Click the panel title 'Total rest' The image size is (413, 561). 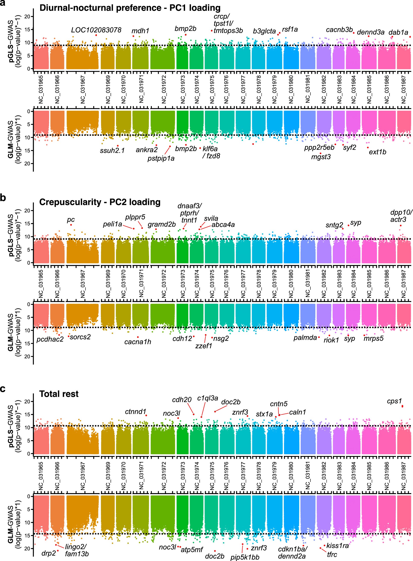59,394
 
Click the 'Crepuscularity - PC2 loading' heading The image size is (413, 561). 100,202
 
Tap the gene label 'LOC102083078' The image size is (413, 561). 96,30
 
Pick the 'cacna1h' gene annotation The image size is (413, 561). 138,342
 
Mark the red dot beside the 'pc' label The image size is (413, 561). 71,225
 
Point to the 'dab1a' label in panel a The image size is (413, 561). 398,32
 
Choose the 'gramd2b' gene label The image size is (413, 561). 161,224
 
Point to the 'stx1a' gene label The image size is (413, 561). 264,414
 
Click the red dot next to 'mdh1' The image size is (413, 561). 133,36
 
